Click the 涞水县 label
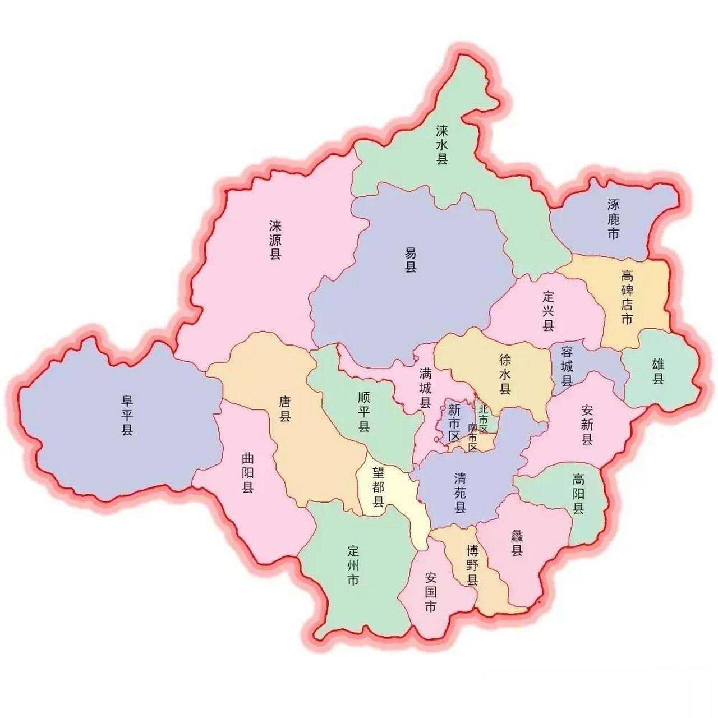click(443, 145)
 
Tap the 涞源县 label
click(275, 240)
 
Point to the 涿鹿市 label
click(614, 219)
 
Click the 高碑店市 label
click(627, 297)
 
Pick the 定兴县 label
click(549, 310)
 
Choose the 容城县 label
click(567, 367)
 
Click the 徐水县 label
click(505, 374)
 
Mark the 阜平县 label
click(127, 415)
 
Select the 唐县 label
click(286, 408)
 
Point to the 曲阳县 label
click(247, 473)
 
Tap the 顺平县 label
click(364, 412)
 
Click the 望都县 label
click(379, 487)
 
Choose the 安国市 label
click(431, 591)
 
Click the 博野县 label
click(472, 565)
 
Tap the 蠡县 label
click(517, 542)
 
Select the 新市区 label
click(454, 422)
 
